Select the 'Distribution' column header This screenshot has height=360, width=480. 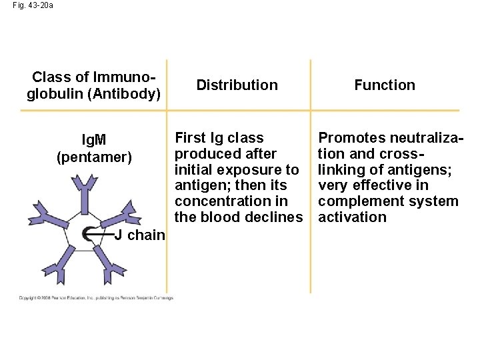(x=237, y=85)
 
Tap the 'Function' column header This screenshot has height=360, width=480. (x=384, y=85)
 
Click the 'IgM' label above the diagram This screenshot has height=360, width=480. (x=93, y=141)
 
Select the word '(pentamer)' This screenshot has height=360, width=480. (x=94, y=157)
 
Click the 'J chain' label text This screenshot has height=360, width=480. (x=139, y=235)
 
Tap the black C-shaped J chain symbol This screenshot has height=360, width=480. (x=89, y=234)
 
